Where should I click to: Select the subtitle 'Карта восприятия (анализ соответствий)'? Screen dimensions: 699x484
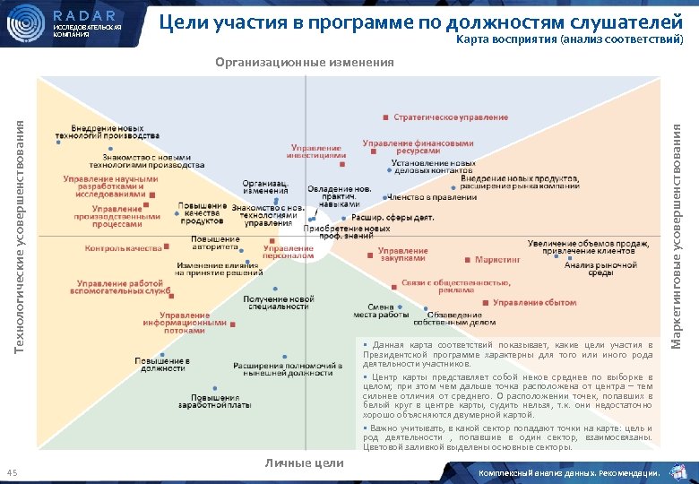pyautogui.click(x=569, y=40)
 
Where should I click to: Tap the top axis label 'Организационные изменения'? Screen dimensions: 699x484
pyautogui.click(x=305, y=62)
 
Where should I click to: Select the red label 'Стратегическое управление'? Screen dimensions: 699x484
pyautogui.click(x=451, y=117)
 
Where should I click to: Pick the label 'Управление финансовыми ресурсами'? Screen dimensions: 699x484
pyautogui.click(x=418, y=147)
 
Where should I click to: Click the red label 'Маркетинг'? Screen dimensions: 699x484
pyautogui.click(x=497, y=259)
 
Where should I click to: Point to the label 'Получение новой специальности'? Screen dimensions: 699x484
pyautogui.click(x=278, y=303)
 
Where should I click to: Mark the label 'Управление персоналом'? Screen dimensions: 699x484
pyautogui.click(x=289, y=252)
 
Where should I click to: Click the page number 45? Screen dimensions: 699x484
pyautogui.click(x=13, y=472)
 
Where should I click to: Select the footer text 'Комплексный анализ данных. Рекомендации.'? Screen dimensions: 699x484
pyautogui.click(x=570, y=472)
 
